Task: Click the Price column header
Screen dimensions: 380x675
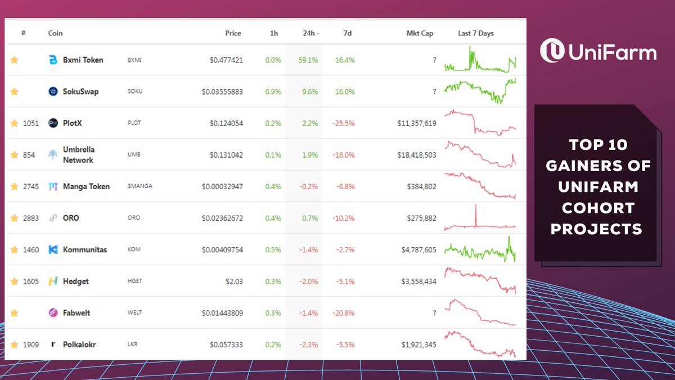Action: click(x=233, y=33)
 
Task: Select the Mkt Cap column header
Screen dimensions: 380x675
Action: click(x=420, y=33)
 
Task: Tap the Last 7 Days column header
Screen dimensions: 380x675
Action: click(x=475, y=33)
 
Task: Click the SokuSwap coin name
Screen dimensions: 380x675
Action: click(x=80, y=91)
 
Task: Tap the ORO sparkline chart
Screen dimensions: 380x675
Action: click(x=480, y=218)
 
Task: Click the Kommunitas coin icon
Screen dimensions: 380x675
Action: click(x=53, y=249)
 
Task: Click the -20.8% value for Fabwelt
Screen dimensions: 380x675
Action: click(x=343, y=312)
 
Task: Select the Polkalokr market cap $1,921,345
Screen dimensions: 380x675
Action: click(x=413, y=344)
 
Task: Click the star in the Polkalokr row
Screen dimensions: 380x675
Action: click(x=15, y=344)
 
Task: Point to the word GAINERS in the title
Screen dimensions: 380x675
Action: click(x=601, y=166)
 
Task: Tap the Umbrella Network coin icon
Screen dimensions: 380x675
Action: click(x=53, y=155)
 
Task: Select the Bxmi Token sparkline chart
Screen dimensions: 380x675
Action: click(x=480, y=60)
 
